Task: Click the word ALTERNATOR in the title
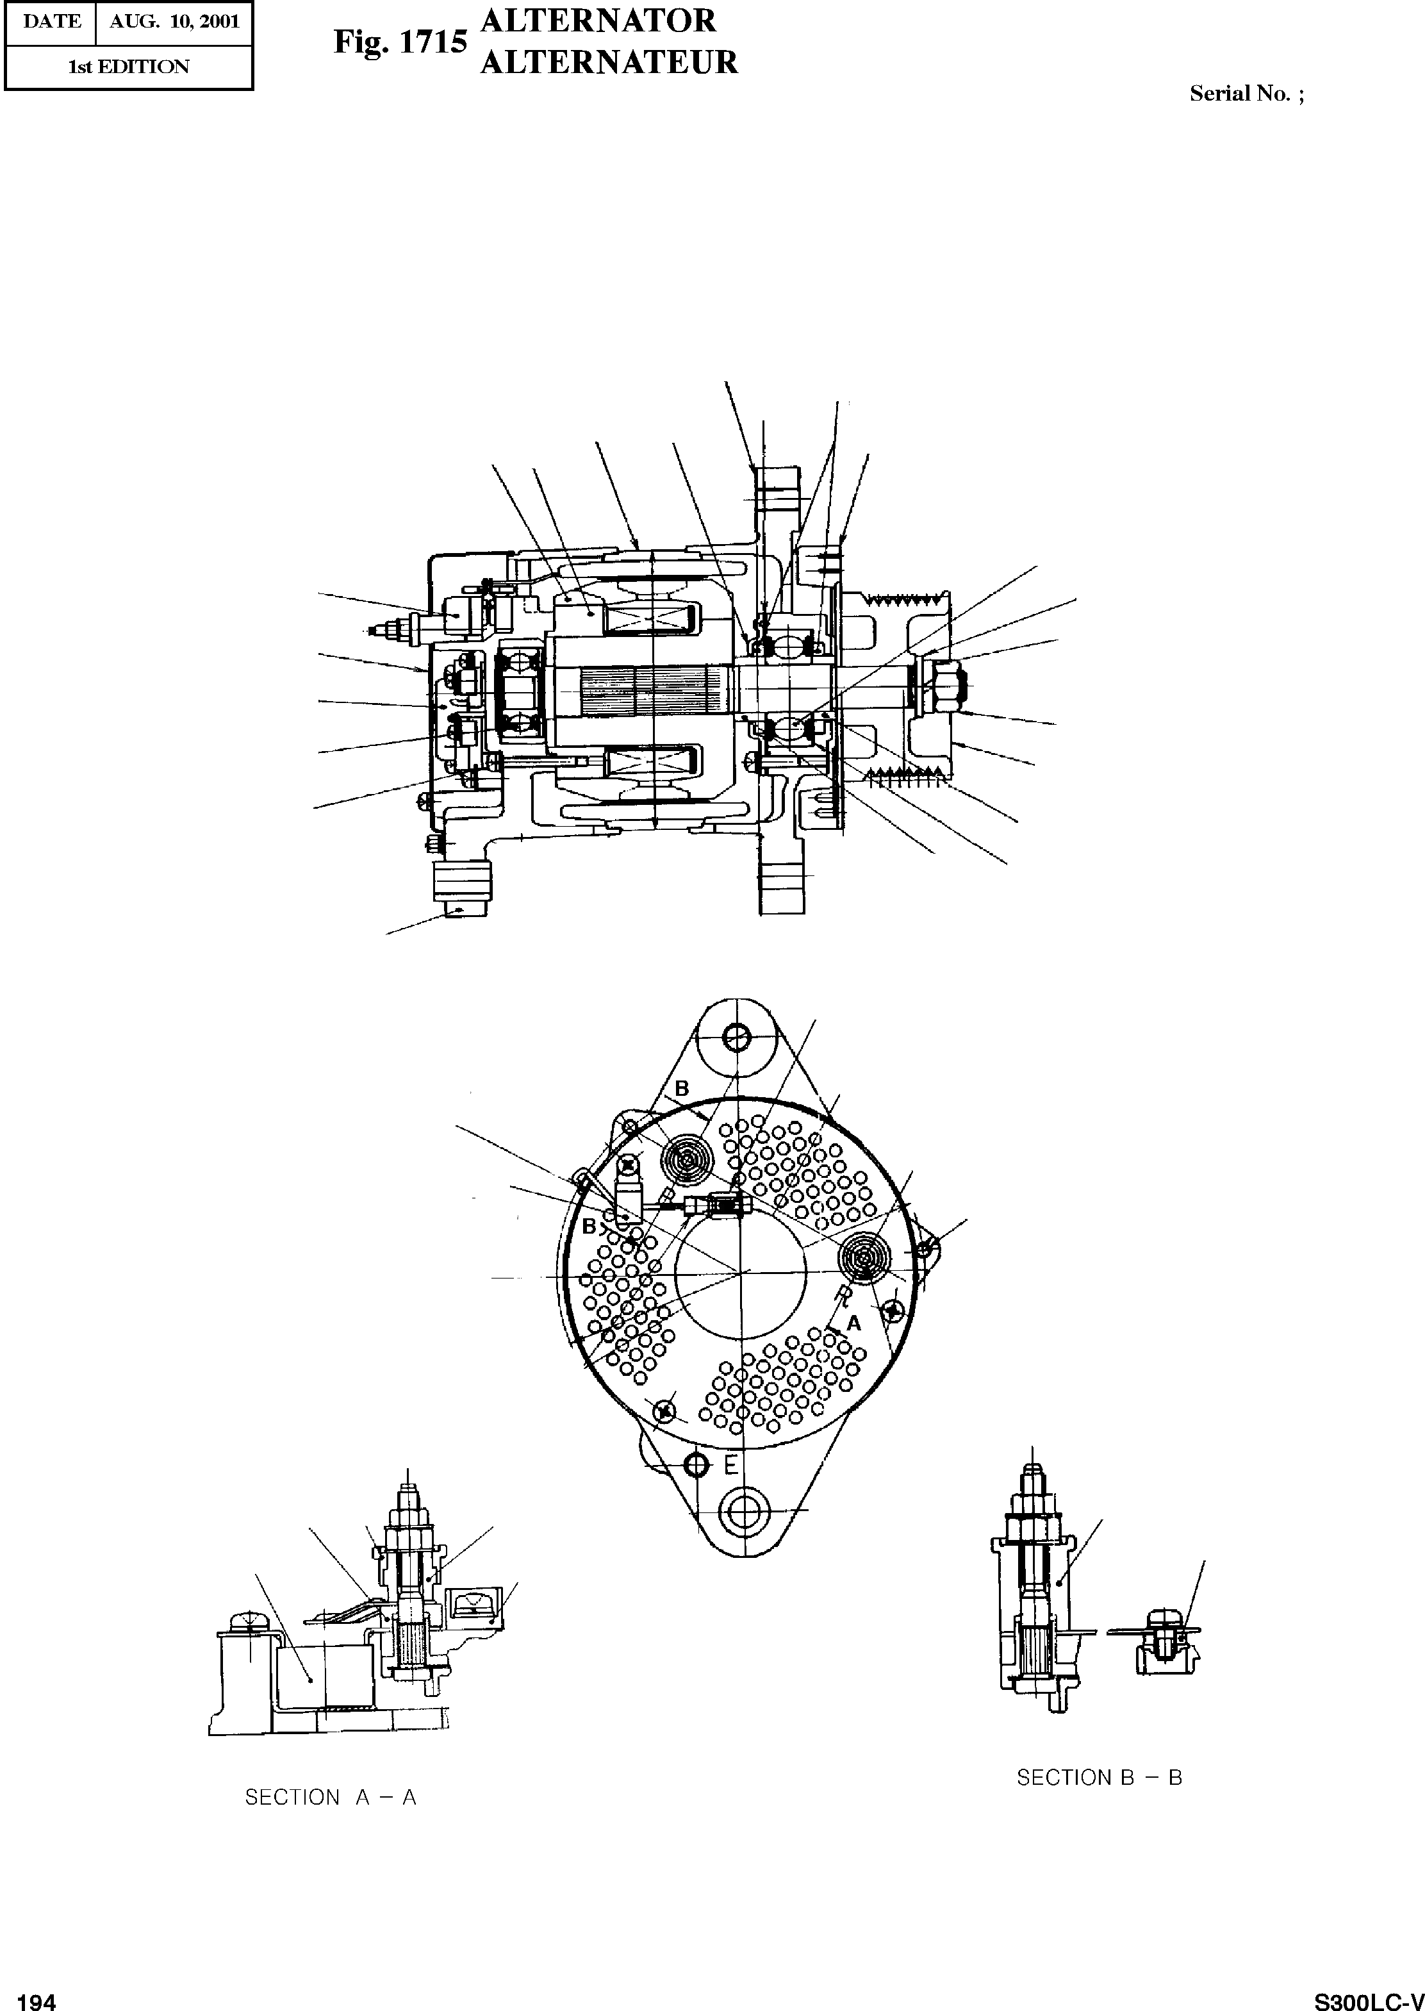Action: pos(598,21)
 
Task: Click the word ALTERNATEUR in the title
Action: pos(609,62)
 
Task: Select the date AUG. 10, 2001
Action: pos(174,22)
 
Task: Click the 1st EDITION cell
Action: pos(129,67)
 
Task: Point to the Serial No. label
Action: pos(1246,94)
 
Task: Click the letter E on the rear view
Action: pos(731,1464)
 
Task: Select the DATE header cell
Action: pos(51,22)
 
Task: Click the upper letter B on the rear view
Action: pos(682,1088)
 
